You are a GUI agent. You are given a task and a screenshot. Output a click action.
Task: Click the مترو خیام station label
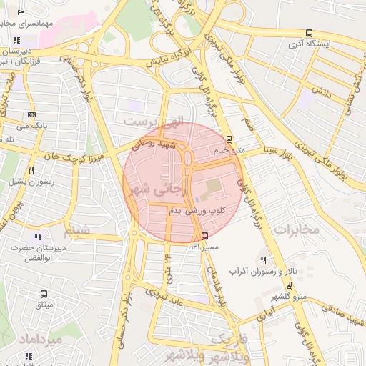229,151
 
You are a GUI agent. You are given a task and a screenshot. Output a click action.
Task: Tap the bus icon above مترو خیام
229,139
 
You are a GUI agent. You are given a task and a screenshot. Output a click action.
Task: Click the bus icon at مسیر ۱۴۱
205,236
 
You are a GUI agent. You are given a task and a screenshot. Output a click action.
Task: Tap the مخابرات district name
295,229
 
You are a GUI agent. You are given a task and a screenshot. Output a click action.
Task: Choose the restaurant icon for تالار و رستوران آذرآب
264,260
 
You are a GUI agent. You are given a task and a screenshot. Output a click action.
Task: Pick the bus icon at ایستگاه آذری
309,33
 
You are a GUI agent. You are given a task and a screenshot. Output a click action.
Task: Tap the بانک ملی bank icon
31,114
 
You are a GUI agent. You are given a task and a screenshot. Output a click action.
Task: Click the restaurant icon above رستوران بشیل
31,170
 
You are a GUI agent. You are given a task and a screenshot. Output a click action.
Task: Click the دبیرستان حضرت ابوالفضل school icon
37,237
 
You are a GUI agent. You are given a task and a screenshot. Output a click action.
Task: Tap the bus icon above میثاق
44,294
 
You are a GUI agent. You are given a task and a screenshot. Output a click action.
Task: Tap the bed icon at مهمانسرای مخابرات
21,13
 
